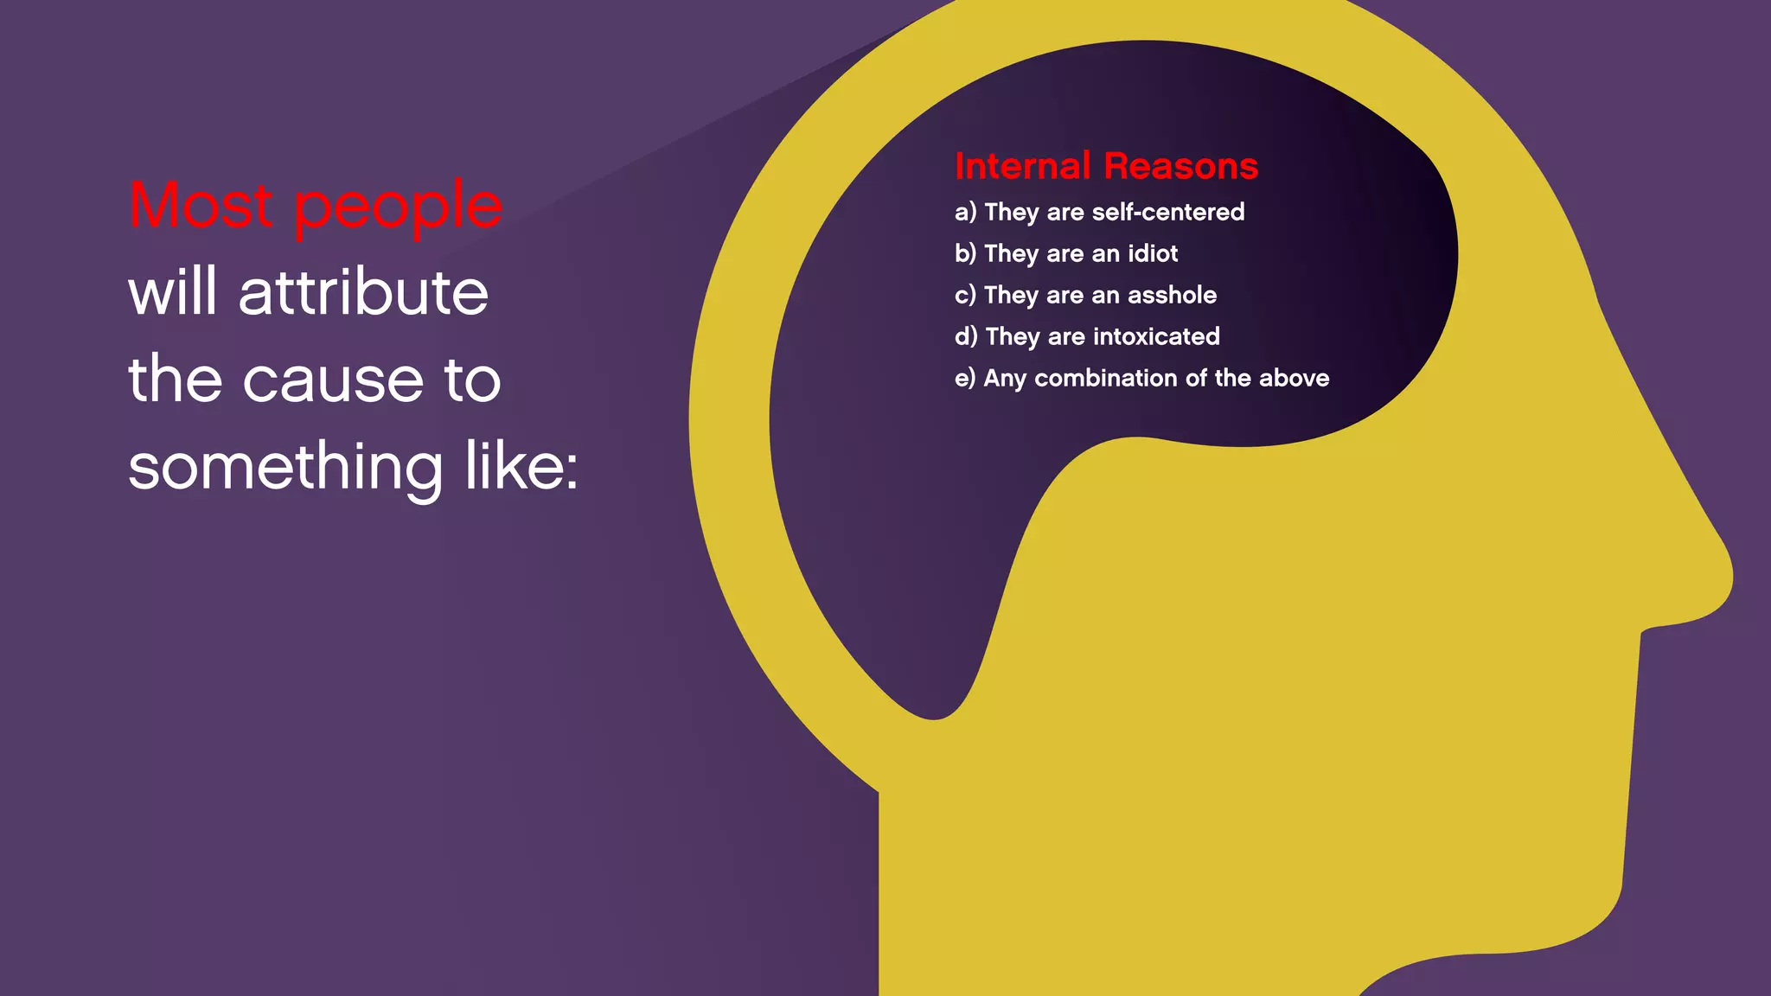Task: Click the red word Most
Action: click(201, 206)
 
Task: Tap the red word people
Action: click(398, 207)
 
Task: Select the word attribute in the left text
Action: click(363, 292)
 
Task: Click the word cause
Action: click(333, 380)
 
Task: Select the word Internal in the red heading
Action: click(1022, 166)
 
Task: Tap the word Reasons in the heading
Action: click(1181, 166)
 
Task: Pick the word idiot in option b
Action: click(1153, 253)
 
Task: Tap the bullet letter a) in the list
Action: click(965, 213)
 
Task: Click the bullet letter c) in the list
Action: click(965, 296)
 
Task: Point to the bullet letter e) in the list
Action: click(965, 379)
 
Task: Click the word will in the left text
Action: click(172, 292)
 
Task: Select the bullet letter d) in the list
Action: click(966, 336)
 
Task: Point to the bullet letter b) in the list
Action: click(965, 253)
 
